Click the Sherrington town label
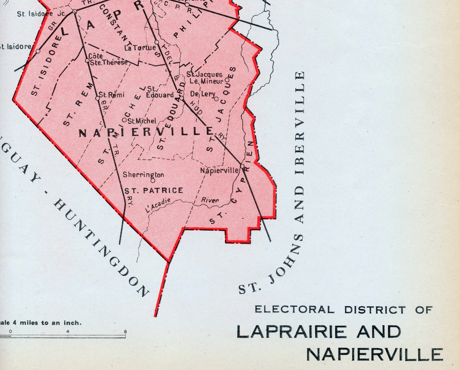(x=144, y=175)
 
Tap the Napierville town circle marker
(x=242, y=165)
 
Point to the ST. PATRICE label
(x=154, y=191)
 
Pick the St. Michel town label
(x=142, y=121)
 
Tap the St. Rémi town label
(x=112, y=95)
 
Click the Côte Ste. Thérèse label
(x=108, y=60)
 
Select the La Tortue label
(x=140, y=48)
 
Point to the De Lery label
(x=203, y=94)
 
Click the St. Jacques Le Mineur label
(x=205, y=78)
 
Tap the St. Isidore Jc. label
(x=41, y=14)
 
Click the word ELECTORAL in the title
(x=294, y=310)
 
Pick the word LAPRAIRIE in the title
(x=294, y=331)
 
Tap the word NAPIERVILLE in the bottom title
(x=375, y=354)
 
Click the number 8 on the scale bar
(x=125, y=331)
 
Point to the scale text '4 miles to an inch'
(x=47, y=323)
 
